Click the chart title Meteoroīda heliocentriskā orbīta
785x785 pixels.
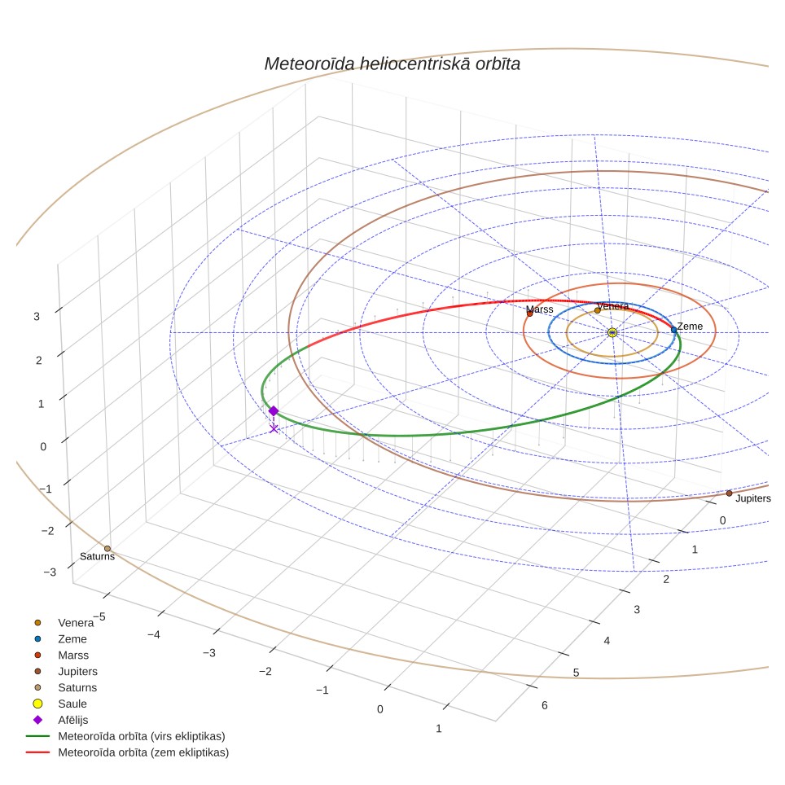coord(392,64)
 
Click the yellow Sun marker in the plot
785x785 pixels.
coord(612,332)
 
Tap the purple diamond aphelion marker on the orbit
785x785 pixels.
coord(274,411)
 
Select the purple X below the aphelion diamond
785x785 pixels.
coord(274,428)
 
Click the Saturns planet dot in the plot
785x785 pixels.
coord(107,549)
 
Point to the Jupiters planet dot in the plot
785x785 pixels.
coord(729,493)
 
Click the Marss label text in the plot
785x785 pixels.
coord(540,309)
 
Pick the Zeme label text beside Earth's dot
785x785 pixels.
coord(690,327)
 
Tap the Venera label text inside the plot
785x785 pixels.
coord(613,306)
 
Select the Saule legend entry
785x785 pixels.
coord(72,704)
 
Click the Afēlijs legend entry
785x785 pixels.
coord(73,720)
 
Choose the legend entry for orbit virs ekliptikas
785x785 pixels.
coord(142,736)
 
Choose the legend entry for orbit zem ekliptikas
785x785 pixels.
coord(143,752)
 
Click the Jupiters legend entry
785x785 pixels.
coord(77,671)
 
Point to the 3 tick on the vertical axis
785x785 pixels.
coord(37,317)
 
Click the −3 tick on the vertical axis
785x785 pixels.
coord(50,572)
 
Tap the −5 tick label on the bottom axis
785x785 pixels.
coord(99,616)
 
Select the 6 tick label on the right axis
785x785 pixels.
coord(544,705)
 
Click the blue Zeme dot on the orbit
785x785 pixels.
coord(674,330)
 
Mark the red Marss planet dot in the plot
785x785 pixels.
coord(529,314)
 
